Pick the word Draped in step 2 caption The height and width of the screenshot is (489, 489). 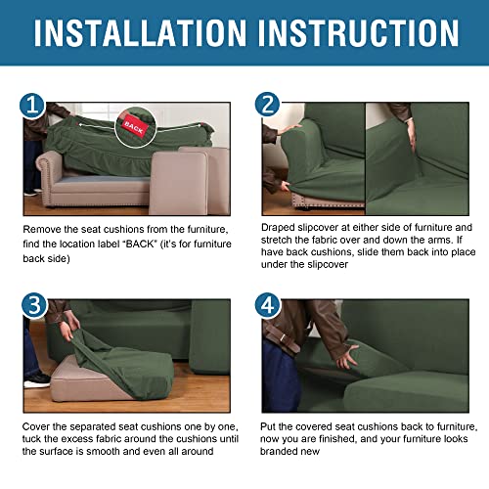(276, 228)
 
